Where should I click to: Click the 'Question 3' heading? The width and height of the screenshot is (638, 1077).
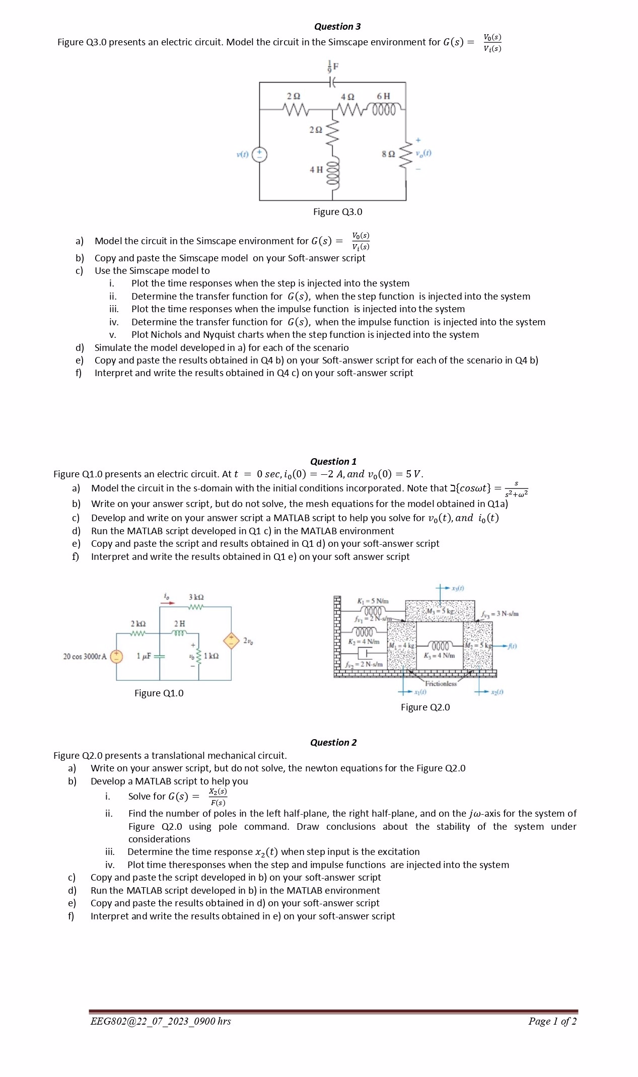click(337, 27)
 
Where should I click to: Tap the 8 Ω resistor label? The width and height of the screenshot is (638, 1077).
click(388, 154)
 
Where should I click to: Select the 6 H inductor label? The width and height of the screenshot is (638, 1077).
click(383, 96)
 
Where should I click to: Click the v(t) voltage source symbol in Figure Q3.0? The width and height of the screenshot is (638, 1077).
click(260, 154)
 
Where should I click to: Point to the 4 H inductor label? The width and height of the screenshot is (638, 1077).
click(316, 170)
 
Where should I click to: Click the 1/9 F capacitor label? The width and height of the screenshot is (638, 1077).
click(333, 66)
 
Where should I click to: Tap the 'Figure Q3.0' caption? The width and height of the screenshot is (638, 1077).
click(337, 212)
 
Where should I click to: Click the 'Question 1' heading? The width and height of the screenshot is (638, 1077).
click(333, 462)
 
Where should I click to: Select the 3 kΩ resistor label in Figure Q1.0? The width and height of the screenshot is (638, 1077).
click(196, 597)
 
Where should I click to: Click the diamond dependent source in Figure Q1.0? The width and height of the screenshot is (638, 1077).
click(231, 640)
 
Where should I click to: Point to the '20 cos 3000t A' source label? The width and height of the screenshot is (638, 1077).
click(85, 657)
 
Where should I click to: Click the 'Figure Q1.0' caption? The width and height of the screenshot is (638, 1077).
click(159, 693)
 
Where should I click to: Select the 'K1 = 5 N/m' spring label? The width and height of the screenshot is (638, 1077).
click(373, 601)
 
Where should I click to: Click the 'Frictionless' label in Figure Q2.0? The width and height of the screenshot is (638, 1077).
click(441, 684)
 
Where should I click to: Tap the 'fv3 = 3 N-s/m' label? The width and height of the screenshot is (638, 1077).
click(500, 614)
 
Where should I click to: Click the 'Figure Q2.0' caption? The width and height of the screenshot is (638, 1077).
click(425, 707)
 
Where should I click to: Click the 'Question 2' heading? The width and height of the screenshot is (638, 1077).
click(333, 743)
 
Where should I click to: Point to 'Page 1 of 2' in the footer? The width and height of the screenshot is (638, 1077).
click(552, 1021)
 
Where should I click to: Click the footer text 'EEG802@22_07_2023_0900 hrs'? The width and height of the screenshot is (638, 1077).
click(160, 1021)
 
